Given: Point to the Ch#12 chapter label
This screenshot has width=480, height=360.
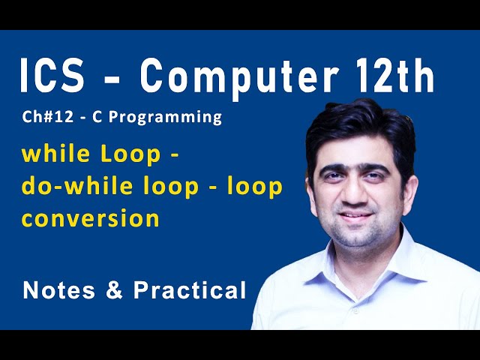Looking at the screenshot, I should [45, 117].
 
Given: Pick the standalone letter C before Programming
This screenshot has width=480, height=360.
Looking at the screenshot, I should [109, 117].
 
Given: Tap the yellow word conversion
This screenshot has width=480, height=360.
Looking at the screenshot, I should [90, 218].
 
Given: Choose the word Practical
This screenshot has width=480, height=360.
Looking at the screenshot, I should [190, 290].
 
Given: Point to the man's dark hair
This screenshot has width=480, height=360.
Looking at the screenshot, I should [360, 124].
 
